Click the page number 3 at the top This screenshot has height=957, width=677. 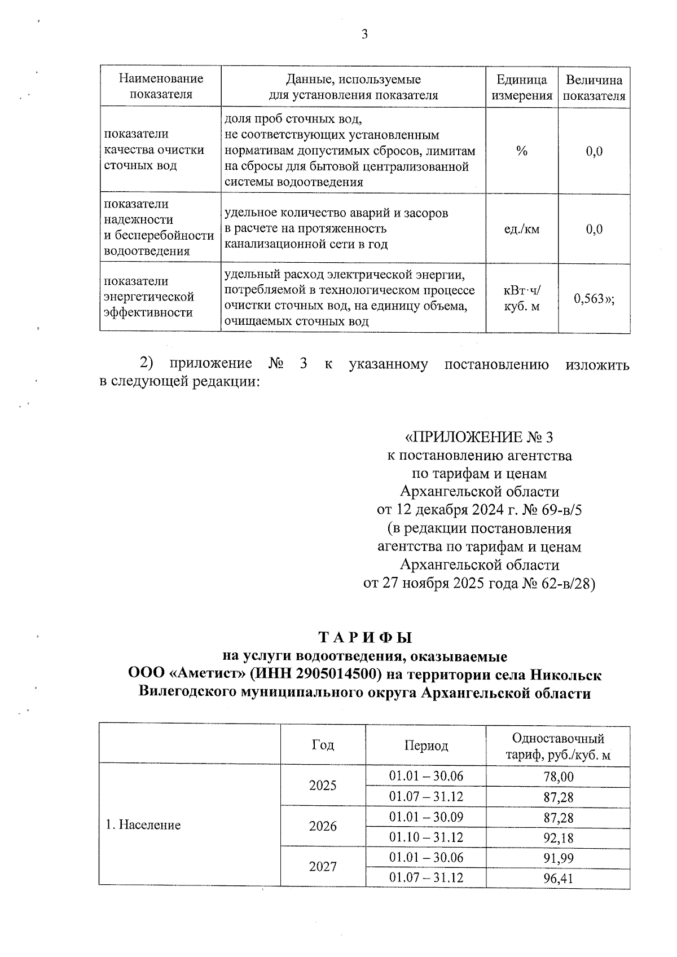click(364, 35)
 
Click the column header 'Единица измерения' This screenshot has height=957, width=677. click(521, 87)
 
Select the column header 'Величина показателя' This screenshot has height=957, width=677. click(594, 87)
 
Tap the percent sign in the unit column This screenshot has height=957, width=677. click(521, 151)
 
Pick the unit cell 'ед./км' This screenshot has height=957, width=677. click(521, 229)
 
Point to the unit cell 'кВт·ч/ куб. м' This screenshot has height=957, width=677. click(521, 299)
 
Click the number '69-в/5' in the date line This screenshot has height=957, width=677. click(561, 510)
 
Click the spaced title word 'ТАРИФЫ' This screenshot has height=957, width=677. click(366, 638)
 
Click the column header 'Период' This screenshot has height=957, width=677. click(426, 746)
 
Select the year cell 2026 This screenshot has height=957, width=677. click(323, 826)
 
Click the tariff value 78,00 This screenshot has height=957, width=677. click(558, 777)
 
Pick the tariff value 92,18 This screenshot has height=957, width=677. click(558, 838)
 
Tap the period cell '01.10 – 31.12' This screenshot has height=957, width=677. click(426, 837)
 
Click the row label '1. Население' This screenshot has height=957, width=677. click(143, 825)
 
